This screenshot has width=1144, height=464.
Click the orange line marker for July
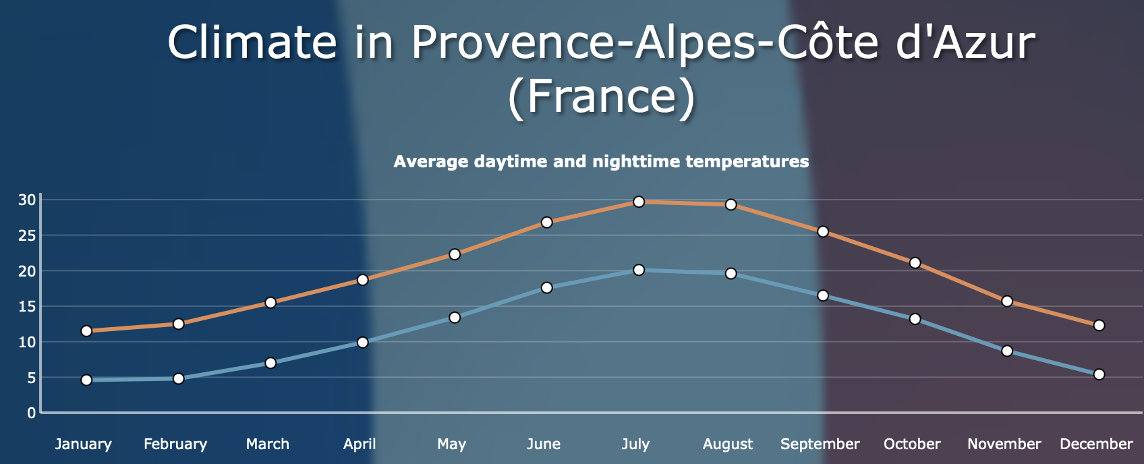coord(639,202)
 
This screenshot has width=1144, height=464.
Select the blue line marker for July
coord(639,270)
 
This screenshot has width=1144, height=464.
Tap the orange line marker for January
coord(86,331)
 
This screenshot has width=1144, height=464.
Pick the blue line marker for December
coord(1099,374)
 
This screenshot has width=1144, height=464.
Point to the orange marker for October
coord(915,262)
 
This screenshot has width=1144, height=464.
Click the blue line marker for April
coord(362,342)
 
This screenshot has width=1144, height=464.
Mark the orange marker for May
coord(455,254)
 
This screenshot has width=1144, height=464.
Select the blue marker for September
coord(823,295)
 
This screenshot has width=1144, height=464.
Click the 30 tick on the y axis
coord(27,200)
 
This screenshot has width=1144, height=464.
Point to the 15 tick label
coord(27,307)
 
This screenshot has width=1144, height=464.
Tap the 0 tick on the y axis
coord(30,413)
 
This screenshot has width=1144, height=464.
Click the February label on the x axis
coord(175,444)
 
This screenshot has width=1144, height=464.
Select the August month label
coord(728,444)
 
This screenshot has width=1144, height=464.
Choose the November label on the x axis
coord(1004,444)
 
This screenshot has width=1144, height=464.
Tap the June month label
coord(544,444)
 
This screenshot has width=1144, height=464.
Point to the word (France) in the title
coord(601,96)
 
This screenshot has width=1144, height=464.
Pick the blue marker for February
coord(178,378)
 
